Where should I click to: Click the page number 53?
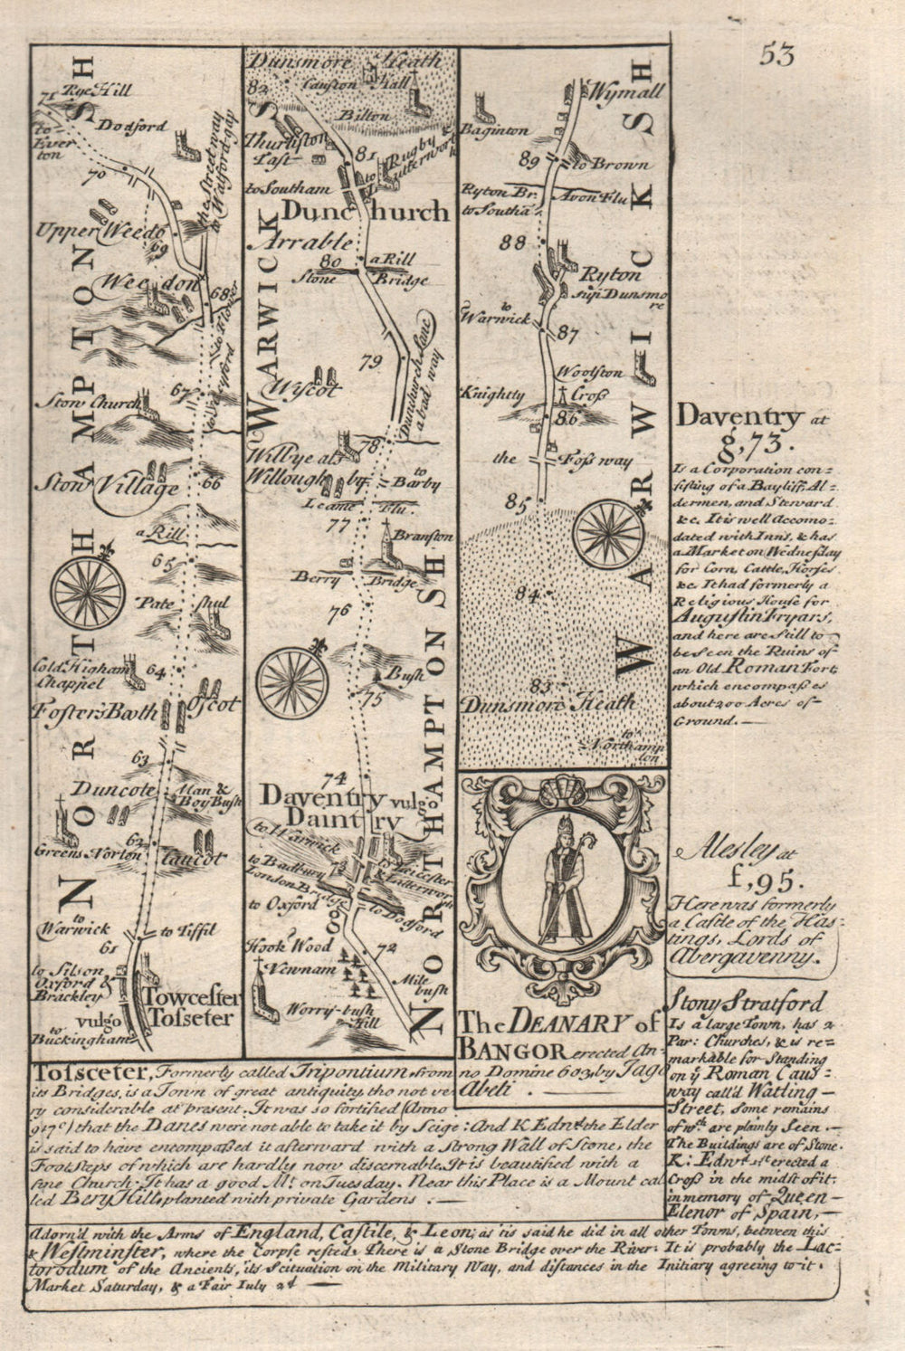click(776, 55)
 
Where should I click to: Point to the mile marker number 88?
click(518, 243)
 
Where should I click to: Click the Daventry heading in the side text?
click(738, 418)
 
